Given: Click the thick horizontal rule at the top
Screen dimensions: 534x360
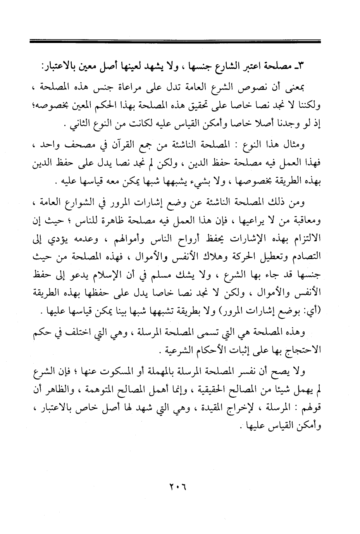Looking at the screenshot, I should (175, 40).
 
